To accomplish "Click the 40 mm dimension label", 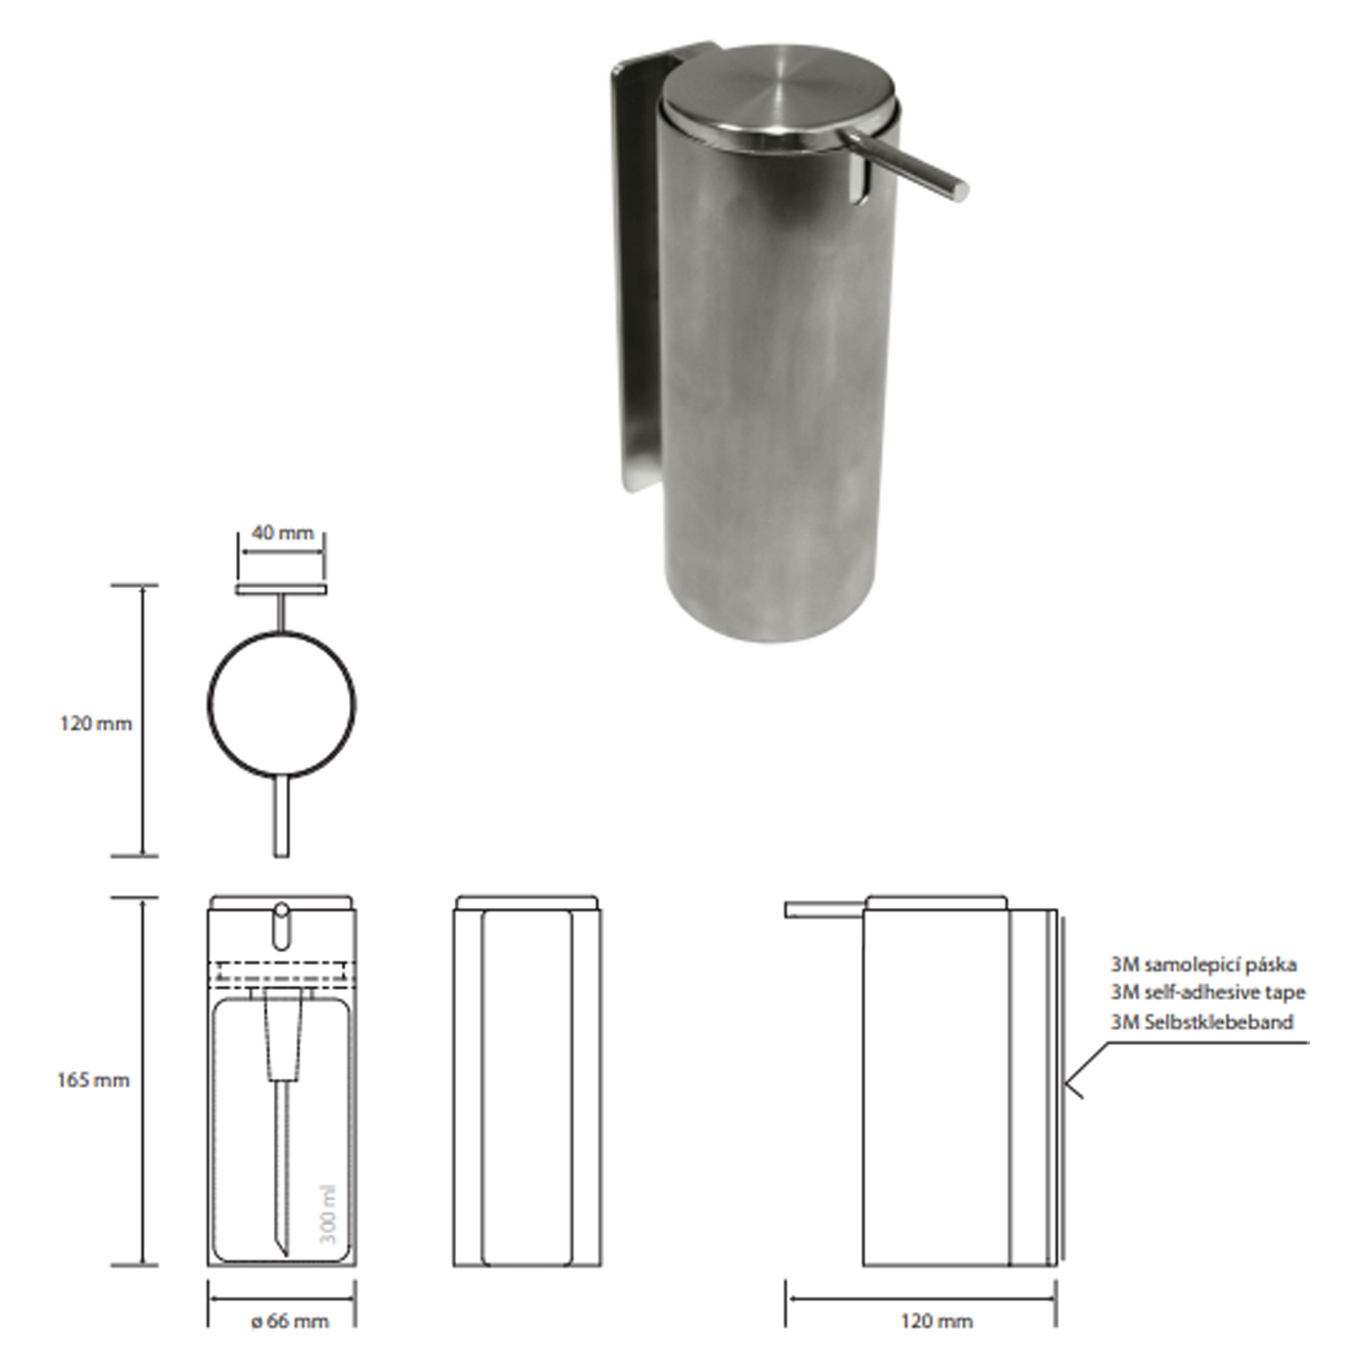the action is pyautogui.click(x=282, y=533).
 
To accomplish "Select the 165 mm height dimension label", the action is pyautogui.click(x=94, y=1081).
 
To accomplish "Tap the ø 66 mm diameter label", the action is pyautogui.click(x=290, y=1321).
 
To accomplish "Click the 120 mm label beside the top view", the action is pyautogui.click(x=96, y=724).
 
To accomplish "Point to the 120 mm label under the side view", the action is pyautogui.click(x=937, y=1321).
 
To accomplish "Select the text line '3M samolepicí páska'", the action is pyautogui.click(x=1203, y=964).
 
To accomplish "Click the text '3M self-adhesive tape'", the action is pyautogui.click(x=1208, y=992).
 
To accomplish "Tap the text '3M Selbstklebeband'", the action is pyautogui.click(x=1202, y=1022).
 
